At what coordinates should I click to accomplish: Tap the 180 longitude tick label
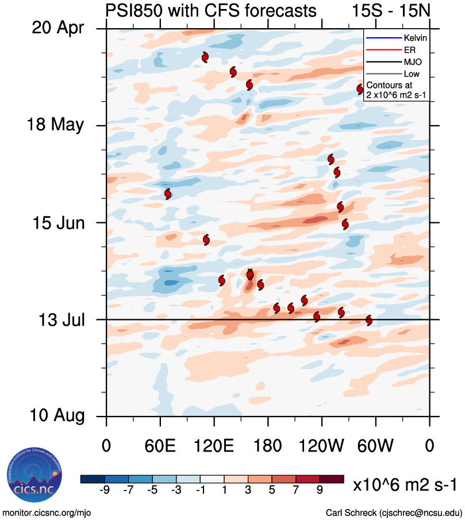(x=268, y=445)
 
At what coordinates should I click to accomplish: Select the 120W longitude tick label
(x=322, y=445)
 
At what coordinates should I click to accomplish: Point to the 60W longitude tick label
(x=376, y=445)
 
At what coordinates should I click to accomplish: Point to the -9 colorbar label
(x=105, y=489)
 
